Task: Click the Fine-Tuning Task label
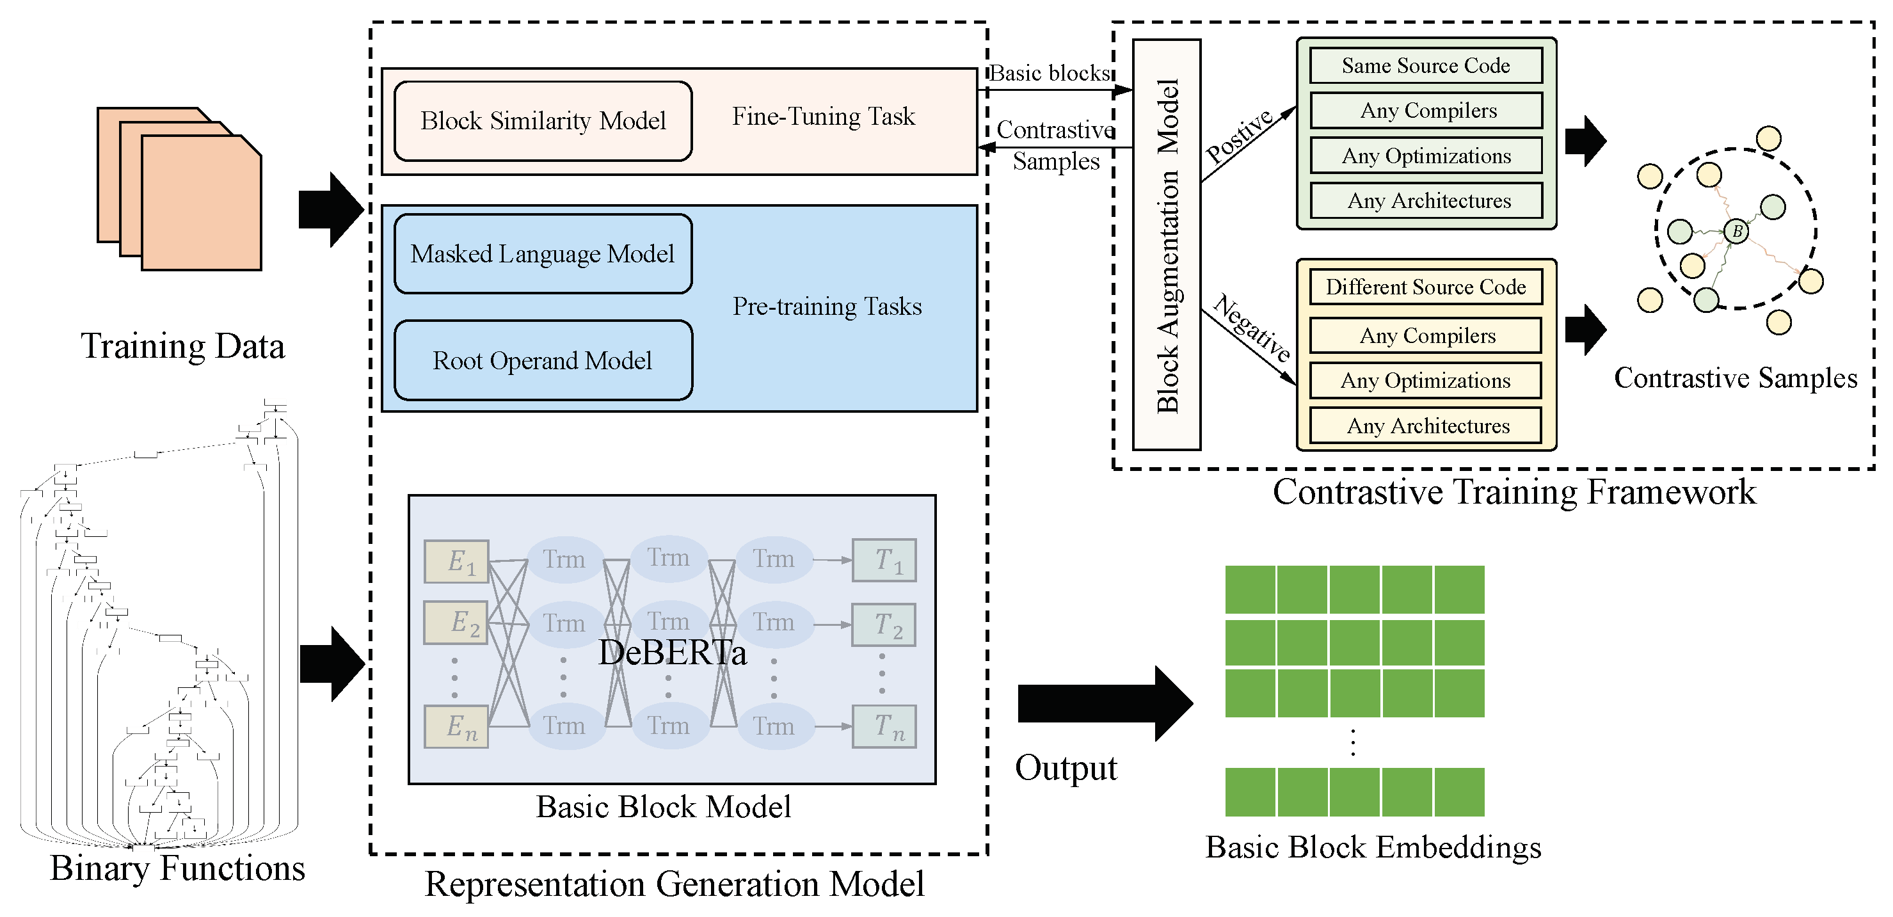823,116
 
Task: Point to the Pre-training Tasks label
827,307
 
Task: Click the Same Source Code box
1425,66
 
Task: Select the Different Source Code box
1425,287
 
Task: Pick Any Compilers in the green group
1425,111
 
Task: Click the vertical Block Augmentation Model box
1166,244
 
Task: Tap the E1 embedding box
456,562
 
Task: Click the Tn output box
884,727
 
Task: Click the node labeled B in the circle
1736,232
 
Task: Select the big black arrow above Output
1102,703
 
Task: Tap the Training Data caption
182,346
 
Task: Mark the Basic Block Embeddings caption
1373,847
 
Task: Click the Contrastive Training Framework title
1514,491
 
